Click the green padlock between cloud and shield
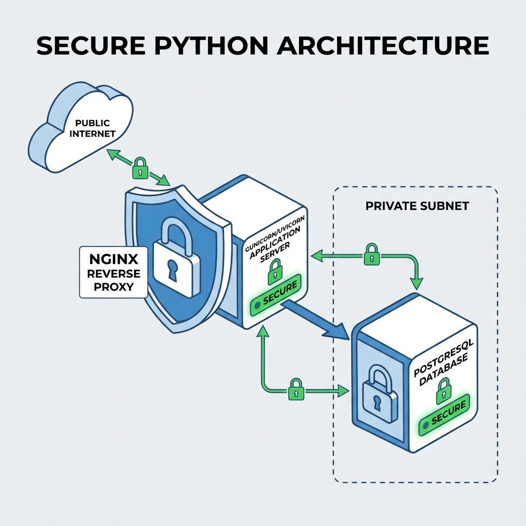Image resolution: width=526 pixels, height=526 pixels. pyautogui.click(x=140, y=167)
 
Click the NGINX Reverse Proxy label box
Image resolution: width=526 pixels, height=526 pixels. pyautogui.click(x=114, y=272)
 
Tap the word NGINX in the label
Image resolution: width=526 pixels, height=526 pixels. pyautogui.click(x=113, y=258)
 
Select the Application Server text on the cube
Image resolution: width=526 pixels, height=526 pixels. pyautogui.click(x=275, y=245)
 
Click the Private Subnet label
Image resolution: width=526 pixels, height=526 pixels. pyautogui.click(x=417, y=206)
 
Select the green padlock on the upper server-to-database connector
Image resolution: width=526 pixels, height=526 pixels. pyautogui.click(x=371, y=254)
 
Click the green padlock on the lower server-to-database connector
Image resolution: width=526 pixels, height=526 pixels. pyautogui.click(x=296, y=389)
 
